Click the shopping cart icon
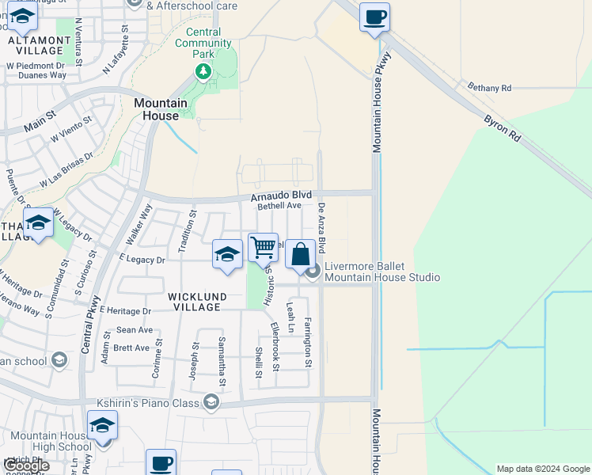pos(263,247)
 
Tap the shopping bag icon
pos(300,254)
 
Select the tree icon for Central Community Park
pos(203,73)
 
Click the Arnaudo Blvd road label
pos(281,195)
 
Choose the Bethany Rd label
pos(489,88)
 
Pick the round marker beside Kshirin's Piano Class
pos(211,403)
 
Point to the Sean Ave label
pos(135,329)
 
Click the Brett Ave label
pos(131,348)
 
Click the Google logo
pos(26,465)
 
